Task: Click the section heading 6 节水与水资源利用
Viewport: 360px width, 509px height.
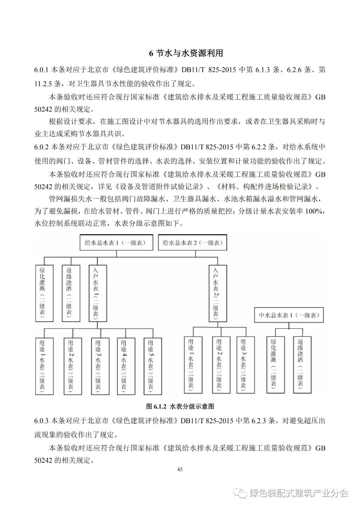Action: pyautogui.click(x=186, y=53)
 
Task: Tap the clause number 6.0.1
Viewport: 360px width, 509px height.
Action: pyautogui.click(x=42, y=70)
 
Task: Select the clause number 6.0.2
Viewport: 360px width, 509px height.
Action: pyautogui.click(x=42, y=147)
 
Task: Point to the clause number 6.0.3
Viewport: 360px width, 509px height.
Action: pyautogui.click(x=42, y=421)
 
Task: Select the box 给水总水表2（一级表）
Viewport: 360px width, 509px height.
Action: pyautogui.click(x=192, y=243)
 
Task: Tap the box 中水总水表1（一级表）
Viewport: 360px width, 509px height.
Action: pyautogui.click(x=289, y=315)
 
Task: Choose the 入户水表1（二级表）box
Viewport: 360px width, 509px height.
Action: pyautogui.click(x=98, y=293)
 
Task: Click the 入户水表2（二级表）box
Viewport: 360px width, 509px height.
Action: pyautogui.click(x=218, y=293)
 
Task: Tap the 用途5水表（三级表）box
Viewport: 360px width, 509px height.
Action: pyautogui.click(x=153, y=366)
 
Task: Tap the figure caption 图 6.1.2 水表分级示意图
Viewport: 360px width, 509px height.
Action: pyautogui.click(x=180, y=406)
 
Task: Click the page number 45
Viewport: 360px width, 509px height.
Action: pyautogui.click(x=180, y=470)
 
